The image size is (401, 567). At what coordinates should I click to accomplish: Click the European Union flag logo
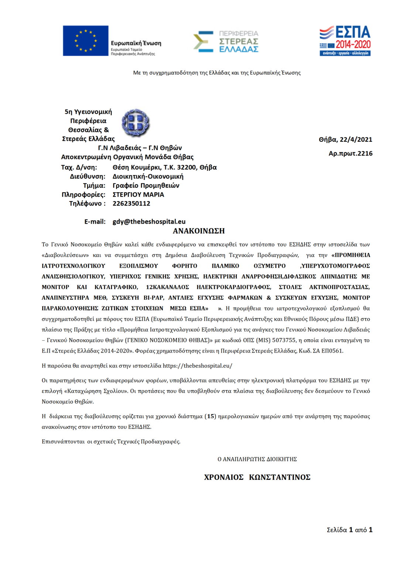tap(85, 41)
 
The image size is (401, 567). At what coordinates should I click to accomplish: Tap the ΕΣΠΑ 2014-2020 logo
tap(345, 41)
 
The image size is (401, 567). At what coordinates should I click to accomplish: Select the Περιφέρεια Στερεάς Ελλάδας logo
tap(226, 41)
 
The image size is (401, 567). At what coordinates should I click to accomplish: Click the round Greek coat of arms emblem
tap(136, 123)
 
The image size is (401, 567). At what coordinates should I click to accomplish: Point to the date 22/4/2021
tap(356, 140)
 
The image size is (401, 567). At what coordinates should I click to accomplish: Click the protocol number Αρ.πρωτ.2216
tap(350, 154)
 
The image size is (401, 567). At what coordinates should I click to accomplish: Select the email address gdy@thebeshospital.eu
tap(149, 221)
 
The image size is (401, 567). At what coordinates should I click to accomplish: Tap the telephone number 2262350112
tap(131, 203)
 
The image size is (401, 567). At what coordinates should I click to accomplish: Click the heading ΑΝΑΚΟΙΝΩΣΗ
tap(199, 231)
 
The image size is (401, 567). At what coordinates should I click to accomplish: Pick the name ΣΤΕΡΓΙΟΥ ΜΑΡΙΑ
tap(138, 195)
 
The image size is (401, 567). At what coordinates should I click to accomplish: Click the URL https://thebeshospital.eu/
tap(197, 366)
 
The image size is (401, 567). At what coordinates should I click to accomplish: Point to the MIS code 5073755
tap(284, 340)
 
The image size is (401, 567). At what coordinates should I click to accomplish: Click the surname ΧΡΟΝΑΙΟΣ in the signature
tap(224, 477)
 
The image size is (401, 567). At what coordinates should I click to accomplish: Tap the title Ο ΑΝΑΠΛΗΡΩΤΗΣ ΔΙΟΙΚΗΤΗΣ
tap(257, 459)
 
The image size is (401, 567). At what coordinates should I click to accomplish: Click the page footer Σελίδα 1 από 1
tap(349, 530)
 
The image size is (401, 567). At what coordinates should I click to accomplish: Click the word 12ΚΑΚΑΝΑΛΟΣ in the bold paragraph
tap(167, 287)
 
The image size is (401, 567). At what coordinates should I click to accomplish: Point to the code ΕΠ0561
tap(332, 351)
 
